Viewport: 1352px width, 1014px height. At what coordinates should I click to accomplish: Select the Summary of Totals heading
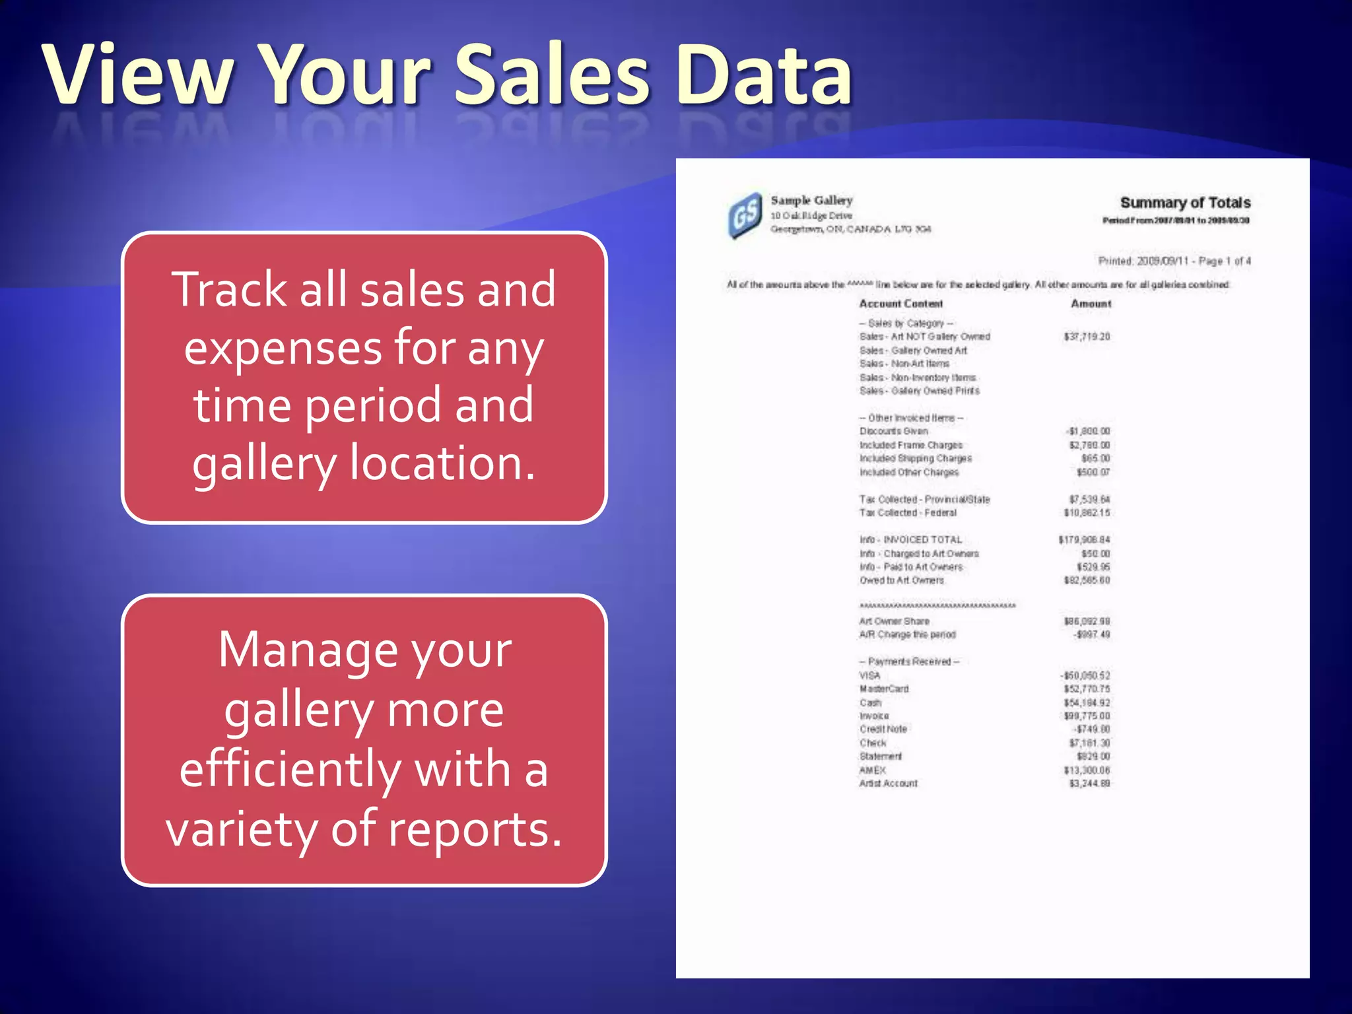point(1185,203)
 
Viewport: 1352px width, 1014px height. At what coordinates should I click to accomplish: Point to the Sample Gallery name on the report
point(811,200)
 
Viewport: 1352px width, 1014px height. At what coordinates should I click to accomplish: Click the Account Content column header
point(900,304)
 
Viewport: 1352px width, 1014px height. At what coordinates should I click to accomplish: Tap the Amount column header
point(1091,304)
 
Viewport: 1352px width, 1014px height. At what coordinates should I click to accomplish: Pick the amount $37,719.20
point(1087,337)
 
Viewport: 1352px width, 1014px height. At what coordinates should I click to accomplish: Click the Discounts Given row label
point(893,431)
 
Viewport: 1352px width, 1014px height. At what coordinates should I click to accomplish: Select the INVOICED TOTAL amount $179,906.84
point(1084,540)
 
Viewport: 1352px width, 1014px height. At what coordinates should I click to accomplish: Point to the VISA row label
point(869,675)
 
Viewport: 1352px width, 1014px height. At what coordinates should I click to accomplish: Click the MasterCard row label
point(884,689)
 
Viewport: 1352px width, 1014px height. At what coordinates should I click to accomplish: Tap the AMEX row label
point(872,770)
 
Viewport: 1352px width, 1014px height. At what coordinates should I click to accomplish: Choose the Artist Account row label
point(888,784)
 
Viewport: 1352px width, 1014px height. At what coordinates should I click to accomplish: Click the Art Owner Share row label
point(894,621)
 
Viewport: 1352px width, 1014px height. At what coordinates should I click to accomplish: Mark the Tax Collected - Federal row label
point(908,513)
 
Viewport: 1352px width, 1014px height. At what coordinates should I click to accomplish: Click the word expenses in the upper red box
point(283,349)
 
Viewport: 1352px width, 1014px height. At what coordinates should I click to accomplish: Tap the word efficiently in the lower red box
point(290,770)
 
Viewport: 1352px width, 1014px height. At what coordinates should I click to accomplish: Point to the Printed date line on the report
point(1174,261)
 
